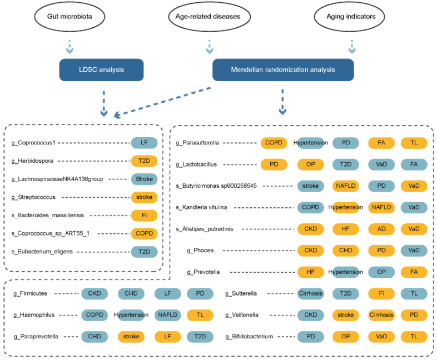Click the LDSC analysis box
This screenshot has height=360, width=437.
click(101, 70)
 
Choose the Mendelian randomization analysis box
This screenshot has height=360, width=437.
click(283, 70)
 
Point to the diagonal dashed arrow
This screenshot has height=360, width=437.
click(162, 102)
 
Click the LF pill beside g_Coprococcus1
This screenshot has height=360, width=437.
click(144, 143)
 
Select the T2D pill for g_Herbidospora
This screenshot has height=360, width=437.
click(144, 161)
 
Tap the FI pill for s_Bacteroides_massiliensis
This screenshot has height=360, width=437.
click(144, 215)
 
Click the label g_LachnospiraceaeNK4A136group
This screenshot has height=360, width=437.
click(57, 179)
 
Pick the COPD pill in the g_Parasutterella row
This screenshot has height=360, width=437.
click(274, 143)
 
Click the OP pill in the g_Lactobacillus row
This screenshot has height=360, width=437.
click(310, 164)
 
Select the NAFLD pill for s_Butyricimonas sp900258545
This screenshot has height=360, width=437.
click(346, 186)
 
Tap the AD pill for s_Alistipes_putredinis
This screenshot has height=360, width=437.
click(381, 229)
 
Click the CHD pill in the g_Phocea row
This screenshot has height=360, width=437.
click(346, 251)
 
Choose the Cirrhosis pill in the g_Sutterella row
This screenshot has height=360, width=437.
click(310, 293)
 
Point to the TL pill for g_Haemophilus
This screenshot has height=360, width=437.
click(200, 315)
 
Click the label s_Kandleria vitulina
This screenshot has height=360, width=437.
click(201, 207)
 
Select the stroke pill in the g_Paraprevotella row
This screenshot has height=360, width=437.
click(131, 336)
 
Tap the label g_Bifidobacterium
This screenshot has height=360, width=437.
click(249, 336)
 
